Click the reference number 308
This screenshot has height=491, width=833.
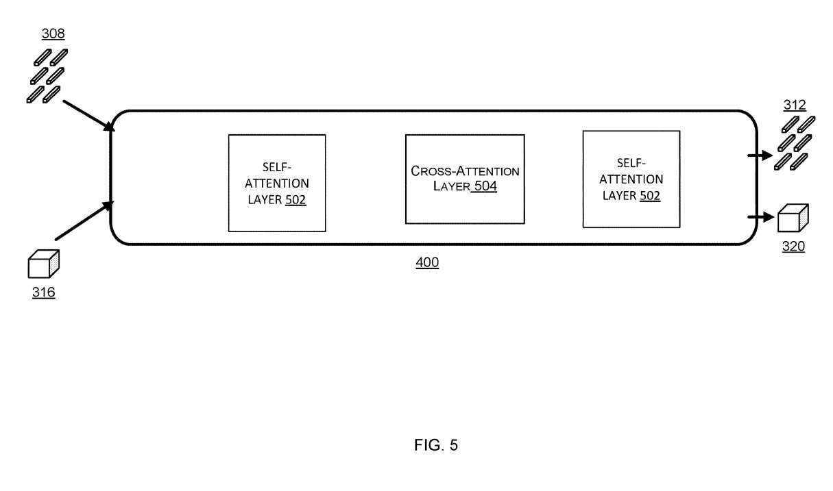[x=53, y=33]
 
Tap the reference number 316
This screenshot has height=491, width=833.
[x=43, y=293]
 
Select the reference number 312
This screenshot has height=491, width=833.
[x=795, y=105]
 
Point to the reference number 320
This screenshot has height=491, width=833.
[x=793, y=247]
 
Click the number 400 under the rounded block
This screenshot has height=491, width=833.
[x=427, y=262]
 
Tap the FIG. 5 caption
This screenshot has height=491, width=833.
[x=436, y=446]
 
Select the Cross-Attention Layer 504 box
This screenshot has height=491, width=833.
[x=465, y=179]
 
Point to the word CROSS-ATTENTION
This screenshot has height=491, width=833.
[x=465, y=171]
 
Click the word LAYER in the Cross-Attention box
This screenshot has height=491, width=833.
[x=450, y=186]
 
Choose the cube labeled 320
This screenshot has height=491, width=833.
[x=793, y=219]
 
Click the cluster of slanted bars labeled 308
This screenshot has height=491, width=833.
[x=47, y=75]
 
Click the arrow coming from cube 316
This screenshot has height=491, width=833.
[x=84, y=221]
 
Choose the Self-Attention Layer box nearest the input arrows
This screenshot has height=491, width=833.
[x=276, y=183]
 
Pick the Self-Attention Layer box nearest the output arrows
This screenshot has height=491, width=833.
[x=631, y=179]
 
